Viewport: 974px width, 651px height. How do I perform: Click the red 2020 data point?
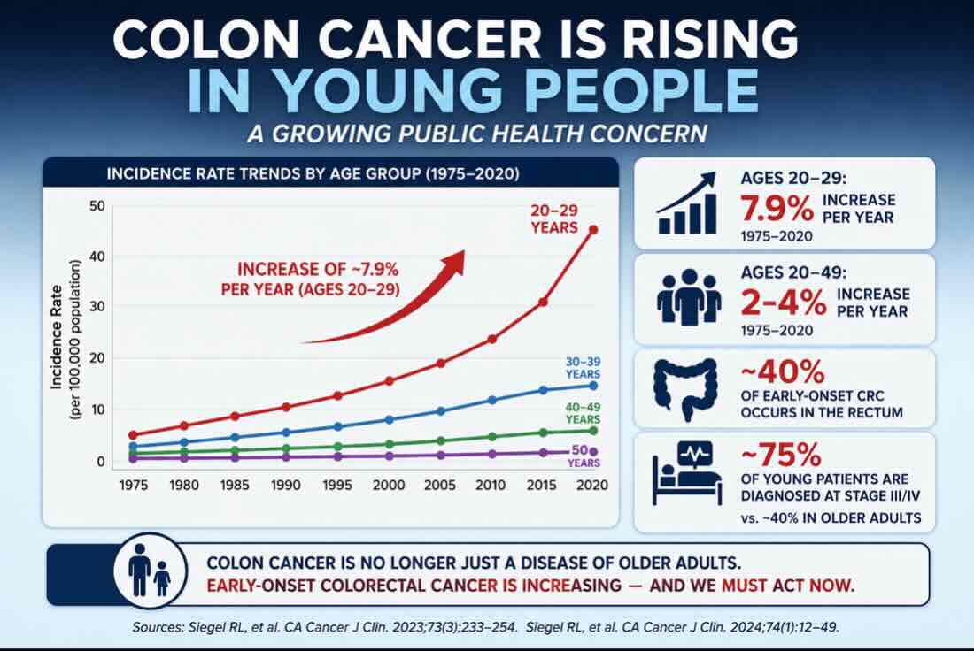tap(593, 230)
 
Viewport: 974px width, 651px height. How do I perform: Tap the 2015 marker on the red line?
tap(543, 303)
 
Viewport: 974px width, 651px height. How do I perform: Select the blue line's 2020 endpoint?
tap(593, 386)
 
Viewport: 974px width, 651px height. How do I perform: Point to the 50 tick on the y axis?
tap(97, 206)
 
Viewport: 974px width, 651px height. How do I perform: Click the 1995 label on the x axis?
tap(336, 486)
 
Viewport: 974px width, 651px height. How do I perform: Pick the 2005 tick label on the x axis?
tap(440, 486)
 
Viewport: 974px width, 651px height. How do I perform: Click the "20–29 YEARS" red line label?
tap(554, 219)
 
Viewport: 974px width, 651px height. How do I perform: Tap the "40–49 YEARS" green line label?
tap(583, 413)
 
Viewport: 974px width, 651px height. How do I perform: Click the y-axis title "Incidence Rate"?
tap(57, 337)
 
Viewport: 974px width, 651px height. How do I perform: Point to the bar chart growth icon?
tap(687, 203)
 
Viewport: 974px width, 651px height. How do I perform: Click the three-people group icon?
tap(689, 296)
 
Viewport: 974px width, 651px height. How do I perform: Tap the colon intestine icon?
tap(685, 390)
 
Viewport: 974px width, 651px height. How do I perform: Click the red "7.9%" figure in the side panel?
tap(777, 209)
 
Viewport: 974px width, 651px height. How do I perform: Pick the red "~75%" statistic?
tap(781, 455)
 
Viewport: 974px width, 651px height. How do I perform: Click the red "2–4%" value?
tap(784, 303)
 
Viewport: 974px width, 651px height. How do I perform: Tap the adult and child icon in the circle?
tap(150, 571)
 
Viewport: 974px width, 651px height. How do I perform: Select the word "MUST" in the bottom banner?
tap(744, 586)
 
